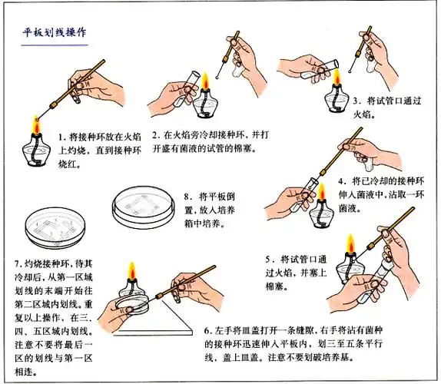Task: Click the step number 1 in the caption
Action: [62, 135]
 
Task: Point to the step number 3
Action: [356, 101]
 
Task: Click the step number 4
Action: [342, 181]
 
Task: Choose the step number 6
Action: [207, 331]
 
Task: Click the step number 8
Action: [187, 197]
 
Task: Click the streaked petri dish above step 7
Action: [48, 228]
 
